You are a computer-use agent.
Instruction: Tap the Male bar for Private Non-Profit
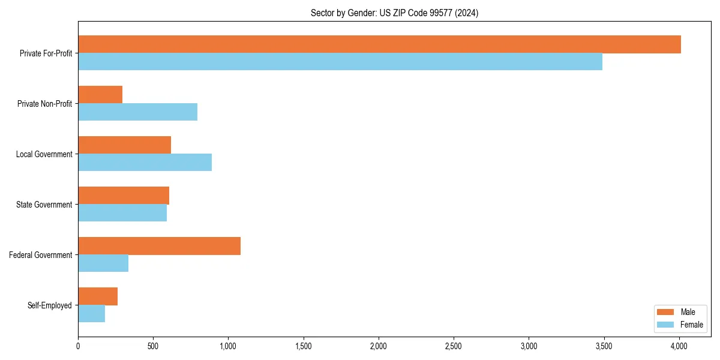click(100, 95)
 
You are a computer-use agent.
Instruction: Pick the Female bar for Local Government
click(145, 163)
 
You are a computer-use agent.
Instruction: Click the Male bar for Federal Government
click(159, 246)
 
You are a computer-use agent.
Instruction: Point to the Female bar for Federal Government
click(103, 263)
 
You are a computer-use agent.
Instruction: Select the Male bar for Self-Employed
click(98, 296)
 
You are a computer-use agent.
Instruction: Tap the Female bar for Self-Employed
click(91, 314)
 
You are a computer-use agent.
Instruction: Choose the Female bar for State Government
click(122, 213)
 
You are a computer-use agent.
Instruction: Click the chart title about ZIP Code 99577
click(394, 13)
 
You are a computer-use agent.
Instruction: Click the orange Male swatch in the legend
click(666, 312)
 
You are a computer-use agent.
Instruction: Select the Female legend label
click(692, 325)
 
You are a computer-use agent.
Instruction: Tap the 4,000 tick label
click(679, 346)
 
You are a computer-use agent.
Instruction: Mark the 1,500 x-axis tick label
click(304, 346)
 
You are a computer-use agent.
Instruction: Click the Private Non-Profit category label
click(44, 104)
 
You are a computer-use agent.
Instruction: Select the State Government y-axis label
click(44, 205)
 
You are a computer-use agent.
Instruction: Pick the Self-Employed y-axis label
click(49, 305)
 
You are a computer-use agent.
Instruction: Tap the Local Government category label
click(44, 154)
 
